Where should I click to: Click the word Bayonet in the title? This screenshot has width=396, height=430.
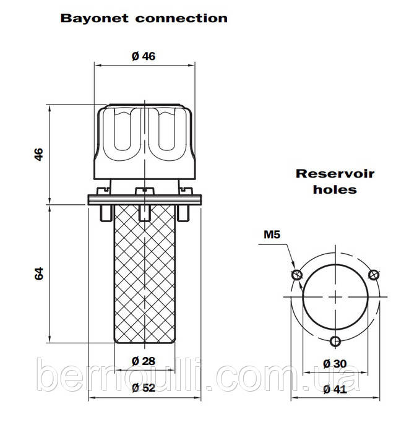94,19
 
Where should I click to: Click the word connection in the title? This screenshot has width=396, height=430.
181,19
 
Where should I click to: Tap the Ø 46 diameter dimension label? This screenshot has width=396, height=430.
144,56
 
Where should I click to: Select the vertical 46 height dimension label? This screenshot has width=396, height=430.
39,155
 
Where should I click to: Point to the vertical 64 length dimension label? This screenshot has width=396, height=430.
39,273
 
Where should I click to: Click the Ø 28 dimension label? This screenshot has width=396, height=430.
144,361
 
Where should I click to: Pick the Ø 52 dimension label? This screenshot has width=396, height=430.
144,387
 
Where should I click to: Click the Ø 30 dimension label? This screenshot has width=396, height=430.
335,364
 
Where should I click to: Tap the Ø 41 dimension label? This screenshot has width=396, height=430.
335,389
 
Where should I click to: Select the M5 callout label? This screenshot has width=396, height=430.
272,234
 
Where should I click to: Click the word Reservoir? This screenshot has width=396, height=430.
335,174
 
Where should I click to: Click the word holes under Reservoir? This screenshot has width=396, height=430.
335,189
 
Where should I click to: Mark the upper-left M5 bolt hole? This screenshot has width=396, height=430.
297,275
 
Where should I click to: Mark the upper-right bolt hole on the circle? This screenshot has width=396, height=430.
373,275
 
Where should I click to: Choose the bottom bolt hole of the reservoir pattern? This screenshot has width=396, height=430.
335,342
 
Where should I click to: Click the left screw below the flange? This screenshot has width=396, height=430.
106,213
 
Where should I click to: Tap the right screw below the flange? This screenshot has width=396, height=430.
183,213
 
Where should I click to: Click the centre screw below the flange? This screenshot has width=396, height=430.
145,213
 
